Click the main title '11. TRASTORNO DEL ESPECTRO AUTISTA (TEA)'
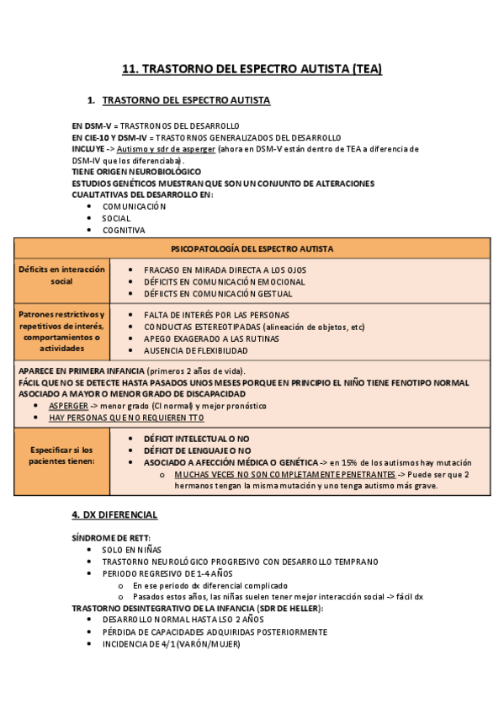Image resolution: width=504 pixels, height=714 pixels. pyautogui.click(x=252, y=69)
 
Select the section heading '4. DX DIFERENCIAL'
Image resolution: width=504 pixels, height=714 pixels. pyautogui.click(x=114, y=514)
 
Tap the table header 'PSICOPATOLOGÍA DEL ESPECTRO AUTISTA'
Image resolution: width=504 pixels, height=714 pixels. pyautogui.click(x=252, y=249)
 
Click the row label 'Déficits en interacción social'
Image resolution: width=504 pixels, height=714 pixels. pyautogui.click(x=62, y=275)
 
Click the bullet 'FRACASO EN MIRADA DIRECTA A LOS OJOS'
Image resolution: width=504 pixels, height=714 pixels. pyautogui.click(x=225, y=269)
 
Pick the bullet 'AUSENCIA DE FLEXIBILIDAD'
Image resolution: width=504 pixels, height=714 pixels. pyautogui.click(x=195, y=349)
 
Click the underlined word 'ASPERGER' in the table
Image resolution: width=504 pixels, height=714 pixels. pyautogui.click(x=67, y=406)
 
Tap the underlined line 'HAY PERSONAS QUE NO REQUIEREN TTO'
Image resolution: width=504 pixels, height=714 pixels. pyautogui.click(x=126, y=418)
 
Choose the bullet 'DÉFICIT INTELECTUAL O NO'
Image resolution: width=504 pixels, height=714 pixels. pyautogui.click(x=197, y=439)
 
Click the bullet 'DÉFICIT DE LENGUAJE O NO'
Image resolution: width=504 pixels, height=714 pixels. pyautogui.click(x=197, y=450)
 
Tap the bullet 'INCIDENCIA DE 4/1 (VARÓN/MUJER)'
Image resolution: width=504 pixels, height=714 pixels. pyautogui.click(x=171, y=644)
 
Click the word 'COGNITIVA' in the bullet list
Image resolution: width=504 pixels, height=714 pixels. pyautogui.click(x=124, y=230)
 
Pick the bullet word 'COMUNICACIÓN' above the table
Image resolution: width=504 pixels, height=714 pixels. pyautogui.click(x=135, y=206)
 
